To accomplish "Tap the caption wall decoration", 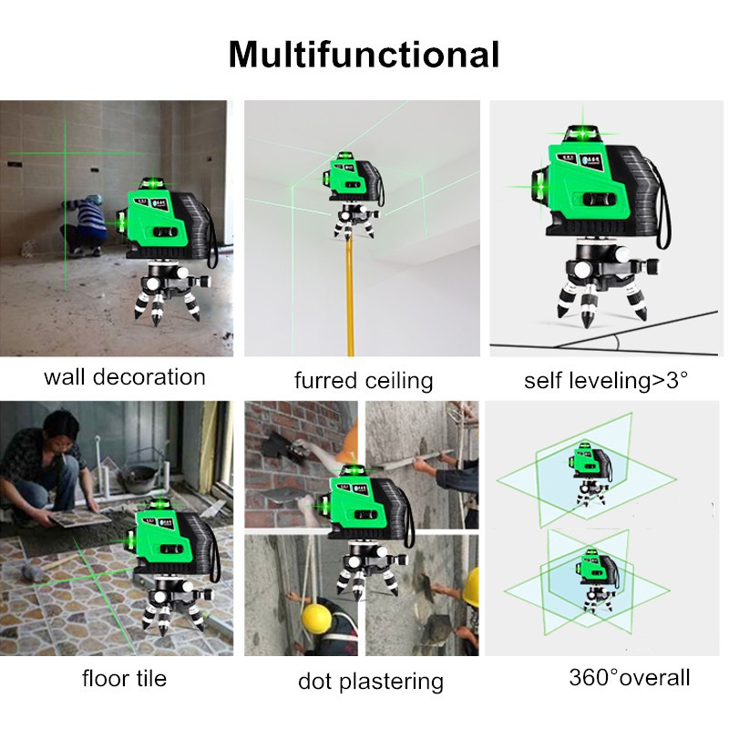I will pos(125,376).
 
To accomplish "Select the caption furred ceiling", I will pos(364,380).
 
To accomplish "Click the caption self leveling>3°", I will pos(605,379).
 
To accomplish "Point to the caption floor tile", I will pos(125,678).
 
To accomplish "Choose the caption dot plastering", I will pos(370,681).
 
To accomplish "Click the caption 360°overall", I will pos(630,677).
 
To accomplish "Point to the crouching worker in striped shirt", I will pos(88,224).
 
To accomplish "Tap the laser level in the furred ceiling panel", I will pos(350,179).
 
